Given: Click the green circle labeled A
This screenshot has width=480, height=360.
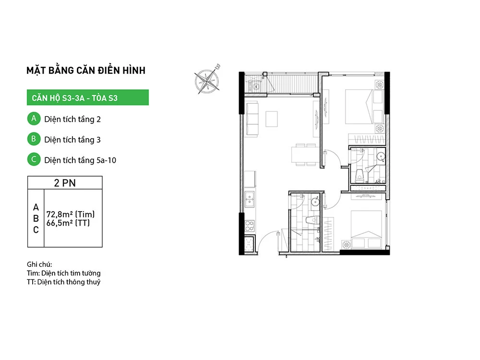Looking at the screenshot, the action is (x=34, y=119).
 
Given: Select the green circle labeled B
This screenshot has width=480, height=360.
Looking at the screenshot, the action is (x=34, y=139).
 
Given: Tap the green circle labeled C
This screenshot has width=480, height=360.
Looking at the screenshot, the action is (x=34, y=159).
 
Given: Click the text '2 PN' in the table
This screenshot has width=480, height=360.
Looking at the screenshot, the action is (x=65, y=183).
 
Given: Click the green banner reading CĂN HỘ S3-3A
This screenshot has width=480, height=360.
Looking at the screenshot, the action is (x=88, y=97).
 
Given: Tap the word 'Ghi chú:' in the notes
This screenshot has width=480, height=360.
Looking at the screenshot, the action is (x=39, y=264).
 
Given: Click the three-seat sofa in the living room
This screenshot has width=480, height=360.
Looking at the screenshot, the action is (x=252, y=120).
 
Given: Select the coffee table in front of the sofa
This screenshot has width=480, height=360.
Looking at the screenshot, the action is (x=272, y=119).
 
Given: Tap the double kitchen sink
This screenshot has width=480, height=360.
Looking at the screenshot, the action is (x=250, y=199).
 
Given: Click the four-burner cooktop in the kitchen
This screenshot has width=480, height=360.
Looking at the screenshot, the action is (x=250, y=226).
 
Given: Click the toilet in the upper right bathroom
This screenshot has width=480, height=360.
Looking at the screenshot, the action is (x=359, y=176).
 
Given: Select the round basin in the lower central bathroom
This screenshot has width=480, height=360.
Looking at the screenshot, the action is (x=315, y=202).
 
